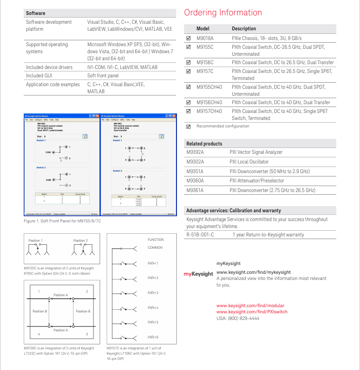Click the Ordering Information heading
pyautogui.click(x=223, y=12)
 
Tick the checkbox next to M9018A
pyautogui.click(x=188, y=38)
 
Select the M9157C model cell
pyautogui.click(x=205, y=71)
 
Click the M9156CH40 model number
pyautogui.click(x=209, y=102)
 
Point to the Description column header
pyautogui.click(x=244, y=29)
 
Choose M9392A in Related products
pyautogui.click(x=195, y=152)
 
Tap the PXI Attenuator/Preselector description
pyautogui.click(x=256, y=181)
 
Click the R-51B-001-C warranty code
pyautogui.click(x=200, y=235)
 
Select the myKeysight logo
pyautogui.click(x=198, y=274)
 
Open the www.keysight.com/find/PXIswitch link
pyautogui.click(x=252, y=312)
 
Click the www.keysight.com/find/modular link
pyautogui.click(x=250, y=306)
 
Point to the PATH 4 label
pyautogui.click(x=153, y=308)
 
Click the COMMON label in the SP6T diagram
pyautogui.click(x=155, y=247)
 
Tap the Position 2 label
pyautogui.click(x=80, y=240)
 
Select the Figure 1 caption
pyautogui.click(x=62, y=221)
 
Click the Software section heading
pyautogui.click(x=36, y=13)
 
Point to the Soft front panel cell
pyautogui.click(x=103, y=76)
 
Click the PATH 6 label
pyautogui.click(x=153, y=337)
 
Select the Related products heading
pyautogui.click(x=204, y=144)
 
